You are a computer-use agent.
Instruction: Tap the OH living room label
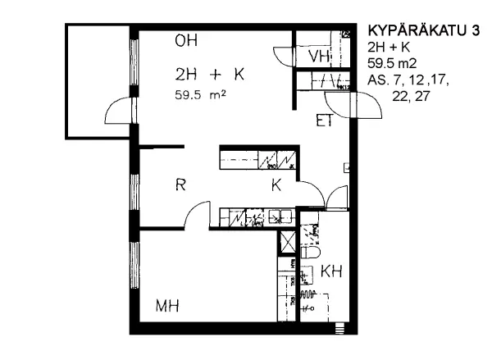[186, 41]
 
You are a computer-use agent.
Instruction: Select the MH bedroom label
[167, 307]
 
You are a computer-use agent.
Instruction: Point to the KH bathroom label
[331, 271]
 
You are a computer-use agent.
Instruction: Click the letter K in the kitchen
[277, 186]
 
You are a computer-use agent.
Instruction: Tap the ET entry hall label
[324, 122]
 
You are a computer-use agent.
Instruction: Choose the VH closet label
[318, 56]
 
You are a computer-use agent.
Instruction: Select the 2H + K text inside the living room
[210, 75]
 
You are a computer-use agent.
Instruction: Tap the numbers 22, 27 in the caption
[412, 97]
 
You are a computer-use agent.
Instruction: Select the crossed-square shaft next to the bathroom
[288, 244]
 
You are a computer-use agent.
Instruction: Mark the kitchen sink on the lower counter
[281, 217]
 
